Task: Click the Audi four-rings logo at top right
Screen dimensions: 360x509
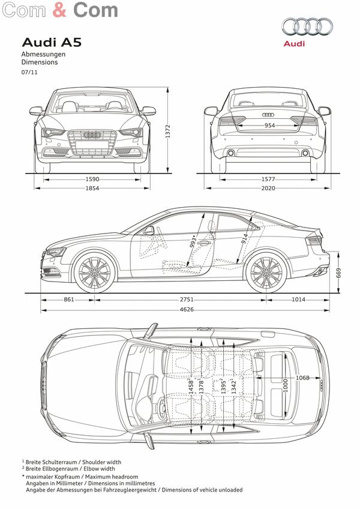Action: pyautogui.click(x=307, y=26)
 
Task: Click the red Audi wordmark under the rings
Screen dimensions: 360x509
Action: pyautogui.click(x=294, y=43)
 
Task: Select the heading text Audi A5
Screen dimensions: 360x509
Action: pyautogui.click(x=52, y=43)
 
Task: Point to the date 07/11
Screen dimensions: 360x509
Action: pyautogui.click(x=29, y=73)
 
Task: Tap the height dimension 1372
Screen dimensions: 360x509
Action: pyautogui.click(x=167, y=131)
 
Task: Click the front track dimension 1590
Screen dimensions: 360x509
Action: pyautogui.click(x=92, y=179)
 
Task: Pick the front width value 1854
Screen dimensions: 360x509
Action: pyautogui.click(x=92, y=188)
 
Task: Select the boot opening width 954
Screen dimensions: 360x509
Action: pyautogui.click(x=269, y=125)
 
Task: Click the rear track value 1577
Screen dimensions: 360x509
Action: pyautogui.click(x=268, y=179)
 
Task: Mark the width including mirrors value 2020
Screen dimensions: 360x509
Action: pyautogui.click(x=268, y=188)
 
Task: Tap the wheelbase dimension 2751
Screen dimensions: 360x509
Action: pyautogui.click(x=187, y=300)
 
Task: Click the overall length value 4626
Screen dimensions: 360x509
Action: pyautogui.click(x=187, y=310)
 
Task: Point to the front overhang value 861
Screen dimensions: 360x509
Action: pyautogui.click(x=69, y=300)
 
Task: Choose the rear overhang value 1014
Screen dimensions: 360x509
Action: pyautogui.click(x=298, y=300)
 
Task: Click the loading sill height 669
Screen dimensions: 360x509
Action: pyautogui.click(x=338, y=273)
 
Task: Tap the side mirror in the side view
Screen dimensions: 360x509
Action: pyautogui.click(x=149, y=230)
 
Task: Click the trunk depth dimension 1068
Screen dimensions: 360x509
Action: pyautogui.click(x=302, y=378)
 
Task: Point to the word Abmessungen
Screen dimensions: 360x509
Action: pyautogui.click(x=43, y=54)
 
